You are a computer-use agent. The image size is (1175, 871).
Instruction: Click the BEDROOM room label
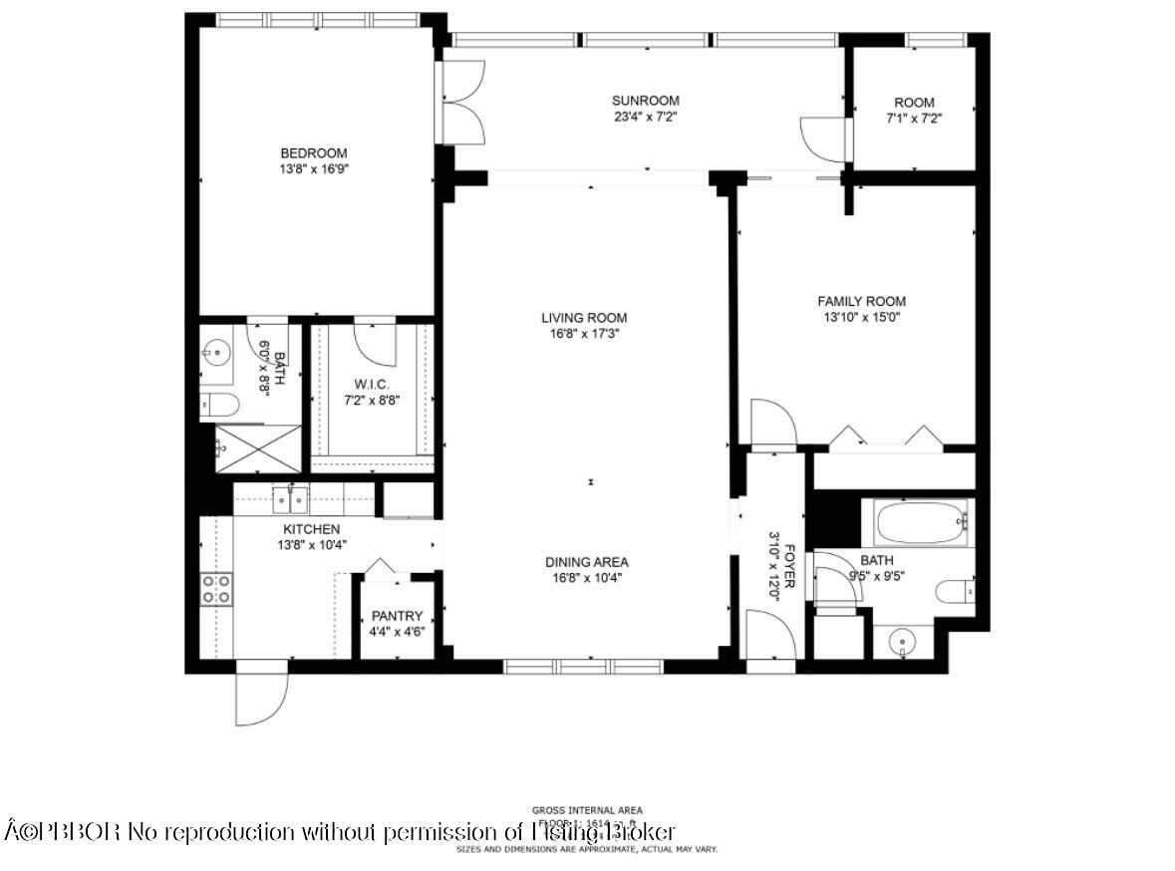coord(313,152)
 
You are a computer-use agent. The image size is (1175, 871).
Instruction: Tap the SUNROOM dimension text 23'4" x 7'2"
coord(645,117)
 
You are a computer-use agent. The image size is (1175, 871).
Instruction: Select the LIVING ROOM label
coord(584,318)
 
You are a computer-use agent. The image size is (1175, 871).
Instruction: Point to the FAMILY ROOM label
coord(861,301)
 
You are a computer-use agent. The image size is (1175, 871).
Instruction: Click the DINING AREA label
coord(586,562)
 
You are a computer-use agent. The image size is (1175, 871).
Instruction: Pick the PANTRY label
coord(397,616)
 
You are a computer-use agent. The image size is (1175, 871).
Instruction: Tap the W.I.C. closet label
coord(370,385)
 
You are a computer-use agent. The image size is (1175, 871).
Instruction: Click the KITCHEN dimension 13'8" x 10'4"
coord(311,545)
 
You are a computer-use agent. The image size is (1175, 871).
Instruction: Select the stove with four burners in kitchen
coord(216,588)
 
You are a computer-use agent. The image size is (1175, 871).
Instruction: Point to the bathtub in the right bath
coord(921,522)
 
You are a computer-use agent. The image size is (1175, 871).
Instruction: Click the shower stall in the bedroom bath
coord(258,448)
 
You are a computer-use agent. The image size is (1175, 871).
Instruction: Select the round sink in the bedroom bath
coord(215,351)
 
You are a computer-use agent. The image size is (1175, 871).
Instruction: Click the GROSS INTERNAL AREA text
coord(587,809)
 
